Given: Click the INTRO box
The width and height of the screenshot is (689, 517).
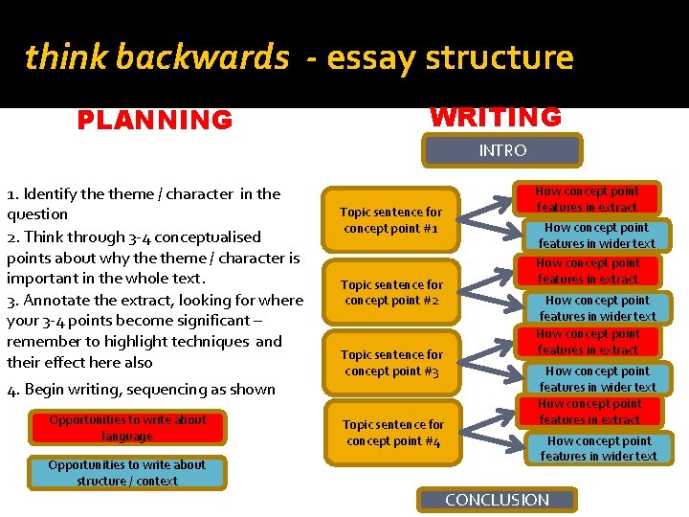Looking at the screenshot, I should pyautogui.click(x=502, y=150).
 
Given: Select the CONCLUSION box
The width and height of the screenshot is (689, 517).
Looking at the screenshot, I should pyautogui.click(x=497, y=500).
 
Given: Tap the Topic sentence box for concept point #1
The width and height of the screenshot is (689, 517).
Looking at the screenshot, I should pyautogui.click(x=392, y=220).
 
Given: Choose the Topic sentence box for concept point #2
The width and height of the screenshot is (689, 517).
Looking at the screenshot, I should pyautogui.click(x=392, y=292).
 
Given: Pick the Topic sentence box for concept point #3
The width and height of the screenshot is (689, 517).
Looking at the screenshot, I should pyautogui.click(x=392, y=363).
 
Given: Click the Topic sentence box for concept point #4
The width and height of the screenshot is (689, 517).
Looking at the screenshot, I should pyautogui.click(x=392, y=433).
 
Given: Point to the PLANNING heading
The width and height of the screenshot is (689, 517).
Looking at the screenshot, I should pyautogui.click(x=155, y=121).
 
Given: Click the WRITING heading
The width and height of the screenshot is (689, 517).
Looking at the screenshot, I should pyautogui.click(x=496, y=118).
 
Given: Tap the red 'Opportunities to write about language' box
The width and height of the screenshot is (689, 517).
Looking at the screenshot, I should pyautogui.click(x=127, y=428).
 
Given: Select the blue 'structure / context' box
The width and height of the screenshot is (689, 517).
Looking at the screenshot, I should pyautogui.click(x=127, y=473).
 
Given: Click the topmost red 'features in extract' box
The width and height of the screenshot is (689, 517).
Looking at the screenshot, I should pyautogui.click(x=587, y=199).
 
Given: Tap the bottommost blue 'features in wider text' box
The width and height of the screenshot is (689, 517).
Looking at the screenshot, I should pyautogui.click(x=598, y=449).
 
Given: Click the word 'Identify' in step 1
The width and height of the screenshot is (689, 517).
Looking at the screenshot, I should pyautogui.click(x=56, y=194).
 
